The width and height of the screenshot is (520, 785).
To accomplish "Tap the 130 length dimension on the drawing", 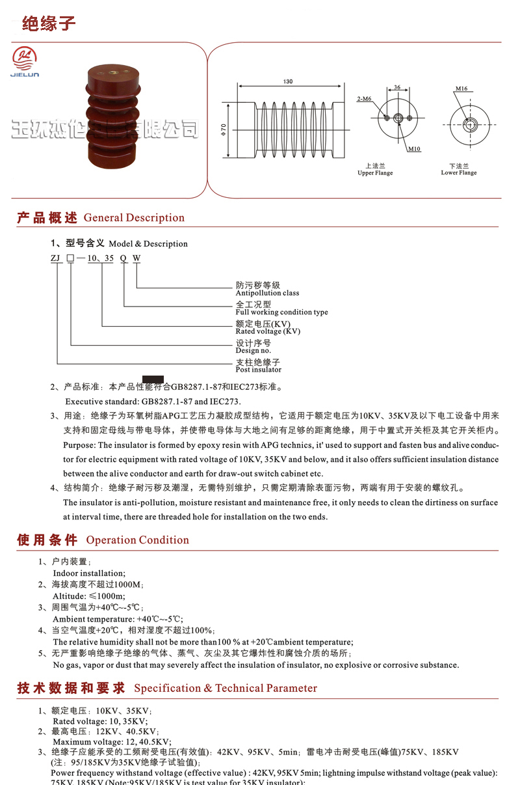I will (x=288, y=81).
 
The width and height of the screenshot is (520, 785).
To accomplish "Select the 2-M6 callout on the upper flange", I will (x=364, y=99).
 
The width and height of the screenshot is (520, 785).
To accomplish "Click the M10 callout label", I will (x=414, y=149).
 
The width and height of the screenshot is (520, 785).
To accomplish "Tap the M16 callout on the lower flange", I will (x=461, y=89).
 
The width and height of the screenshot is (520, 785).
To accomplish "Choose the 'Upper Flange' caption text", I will (x=375, y=173).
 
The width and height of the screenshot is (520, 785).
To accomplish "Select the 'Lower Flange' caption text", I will (x=459, y=172).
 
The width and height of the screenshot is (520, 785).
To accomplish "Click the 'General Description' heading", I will (x=134, y=218).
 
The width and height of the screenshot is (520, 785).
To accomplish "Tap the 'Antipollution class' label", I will (x=267, y=293).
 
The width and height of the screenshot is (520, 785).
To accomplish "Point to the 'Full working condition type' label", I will (x=281, y=312).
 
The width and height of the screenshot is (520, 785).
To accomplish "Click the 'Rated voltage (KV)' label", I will (x=268, y=331).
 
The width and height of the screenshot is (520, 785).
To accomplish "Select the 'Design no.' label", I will (x=253, y=351).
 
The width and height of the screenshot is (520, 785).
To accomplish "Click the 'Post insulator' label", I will (x=258, y=370).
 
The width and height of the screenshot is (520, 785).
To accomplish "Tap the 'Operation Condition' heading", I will (x=137, y=540).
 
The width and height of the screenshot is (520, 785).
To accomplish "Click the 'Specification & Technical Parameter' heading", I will (x=226, y=689).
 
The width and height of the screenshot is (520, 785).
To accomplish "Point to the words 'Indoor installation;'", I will (x=89, y=573).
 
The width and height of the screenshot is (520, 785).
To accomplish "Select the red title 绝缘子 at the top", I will (x=49, y=24).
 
